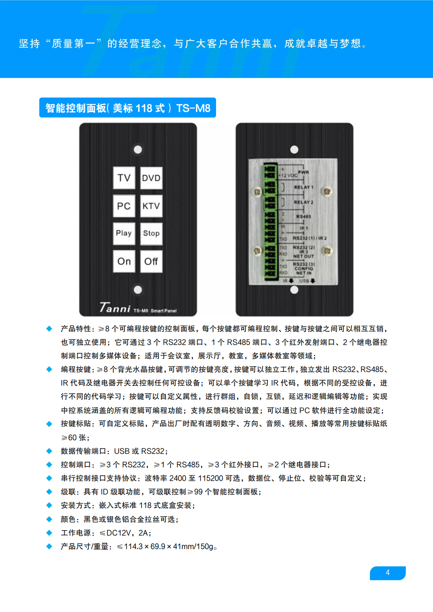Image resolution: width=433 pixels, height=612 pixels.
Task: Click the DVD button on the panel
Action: click(x=152, y=178)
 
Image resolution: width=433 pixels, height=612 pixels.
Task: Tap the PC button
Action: click(x=124, y=206)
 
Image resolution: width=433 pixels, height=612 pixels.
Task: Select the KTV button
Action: click(x=152, y=206)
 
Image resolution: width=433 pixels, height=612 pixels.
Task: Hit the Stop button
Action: click(x=152, y=233)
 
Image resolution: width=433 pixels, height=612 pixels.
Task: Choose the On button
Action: click(x=124, y=261)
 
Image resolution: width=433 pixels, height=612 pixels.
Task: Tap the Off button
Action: click(x=152, y=261)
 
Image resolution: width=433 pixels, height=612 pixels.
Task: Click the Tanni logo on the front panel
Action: click(x=115, y=307)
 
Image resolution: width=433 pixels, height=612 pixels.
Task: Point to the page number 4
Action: click(x=388, y=573)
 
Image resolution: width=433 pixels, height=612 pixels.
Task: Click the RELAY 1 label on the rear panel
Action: click(x=303, y=187)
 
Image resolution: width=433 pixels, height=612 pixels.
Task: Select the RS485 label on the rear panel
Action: click(x=303, y=217)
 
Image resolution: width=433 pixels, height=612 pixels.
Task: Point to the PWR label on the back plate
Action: click(x=303, y=172)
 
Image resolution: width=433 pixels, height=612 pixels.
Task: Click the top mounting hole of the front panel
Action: click(x=138, y=149)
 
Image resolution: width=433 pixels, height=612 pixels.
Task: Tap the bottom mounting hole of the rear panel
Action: click(x=294, y=290)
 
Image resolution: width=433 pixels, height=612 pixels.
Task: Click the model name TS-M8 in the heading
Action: click(x=193, y=108)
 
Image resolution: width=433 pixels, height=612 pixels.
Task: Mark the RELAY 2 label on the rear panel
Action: click(x=303, y=202)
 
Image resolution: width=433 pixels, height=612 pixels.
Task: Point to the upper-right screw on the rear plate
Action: click(x=328, y=192)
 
